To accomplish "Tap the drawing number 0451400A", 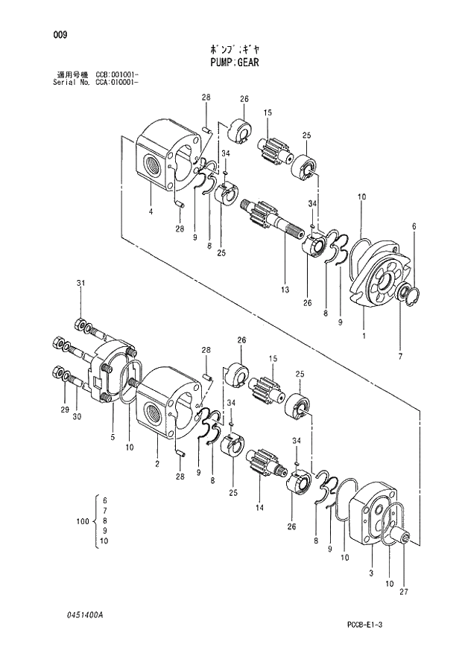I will (x=83, y=615).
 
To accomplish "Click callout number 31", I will (x=81, y=283).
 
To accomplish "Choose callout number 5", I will (x=113, y=437).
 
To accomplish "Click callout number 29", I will (x=65, y=410).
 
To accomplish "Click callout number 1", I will (x=364, y=337).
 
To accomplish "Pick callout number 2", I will (x=157, y=463).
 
